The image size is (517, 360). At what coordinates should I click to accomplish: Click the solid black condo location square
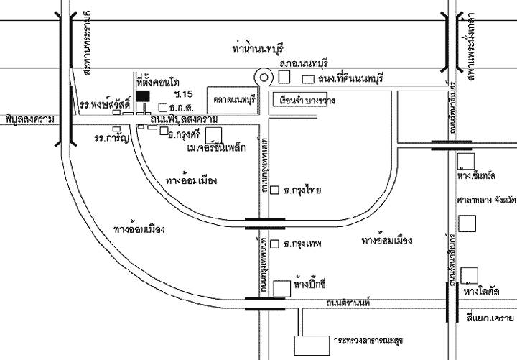[144, 95]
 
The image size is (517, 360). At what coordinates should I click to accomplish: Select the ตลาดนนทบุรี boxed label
[231, 98]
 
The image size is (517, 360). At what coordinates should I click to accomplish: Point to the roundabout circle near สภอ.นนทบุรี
[264, 77]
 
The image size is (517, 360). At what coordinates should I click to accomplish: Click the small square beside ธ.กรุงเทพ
[276, 244]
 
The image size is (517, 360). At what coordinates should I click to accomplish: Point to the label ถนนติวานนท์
[346, 305]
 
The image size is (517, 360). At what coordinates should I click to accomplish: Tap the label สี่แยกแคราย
[490, 317]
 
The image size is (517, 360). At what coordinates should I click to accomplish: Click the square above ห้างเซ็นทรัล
[467, 161]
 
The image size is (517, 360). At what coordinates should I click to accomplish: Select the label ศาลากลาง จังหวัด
[481, 200]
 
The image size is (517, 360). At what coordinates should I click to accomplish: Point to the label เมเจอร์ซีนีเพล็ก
[215, 148]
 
